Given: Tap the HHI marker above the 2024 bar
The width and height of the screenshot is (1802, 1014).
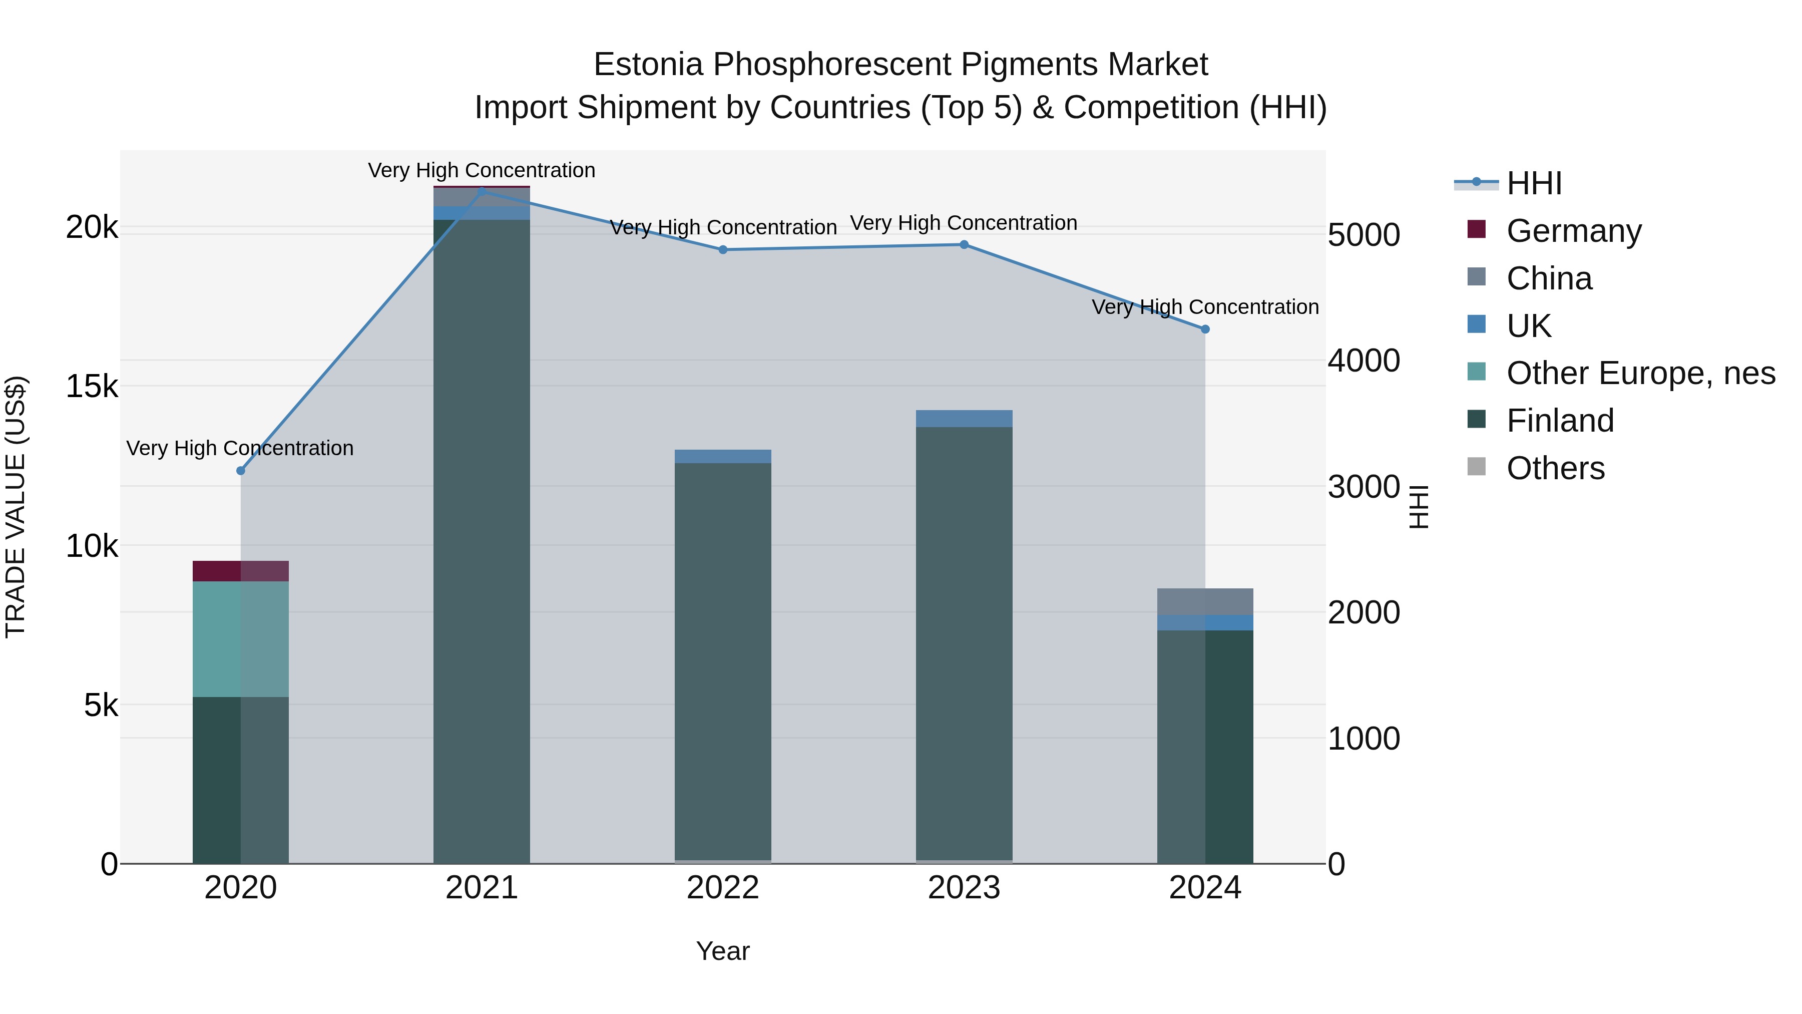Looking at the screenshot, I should coord(1205,329).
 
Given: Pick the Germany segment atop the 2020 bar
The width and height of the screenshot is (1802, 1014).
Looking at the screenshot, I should coord(241,571).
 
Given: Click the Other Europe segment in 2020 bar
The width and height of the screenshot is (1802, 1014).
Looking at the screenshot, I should coord(241,638).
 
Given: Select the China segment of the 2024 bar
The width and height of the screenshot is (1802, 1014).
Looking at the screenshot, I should coord(1205,602).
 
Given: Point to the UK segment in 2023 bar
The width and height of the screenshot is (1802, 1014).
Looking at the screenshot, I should coord(964,419).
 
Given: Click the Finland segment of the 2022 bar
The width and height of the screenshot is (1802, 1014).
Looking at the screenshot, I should coord(723,658).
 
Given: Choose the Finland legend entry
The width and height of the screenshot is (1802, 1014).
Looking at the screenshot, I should coord(1560,421).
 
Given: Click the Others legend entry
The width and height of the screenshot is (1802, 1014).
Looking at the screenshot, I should coord(1555,468).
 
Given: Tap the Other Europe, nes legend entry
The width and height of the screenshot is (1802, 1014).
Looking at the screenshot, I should coord(1640,373).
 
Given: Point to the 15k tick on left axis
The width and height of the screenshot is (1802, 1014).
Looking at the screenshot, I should coord(92,386).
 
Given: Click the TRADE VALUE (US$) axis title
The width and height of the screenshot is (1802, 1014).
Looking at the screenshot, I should coord(16,507).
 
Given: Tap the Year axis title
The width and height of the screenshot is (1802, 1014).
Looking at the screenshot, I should coord(723,951).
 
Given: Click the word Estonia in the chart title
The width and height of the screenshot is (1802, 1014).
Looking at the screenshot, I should coord(648,65).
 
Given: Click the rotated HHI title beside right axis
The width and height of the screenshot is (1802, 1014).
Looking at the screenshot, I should coord(1419,507).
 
